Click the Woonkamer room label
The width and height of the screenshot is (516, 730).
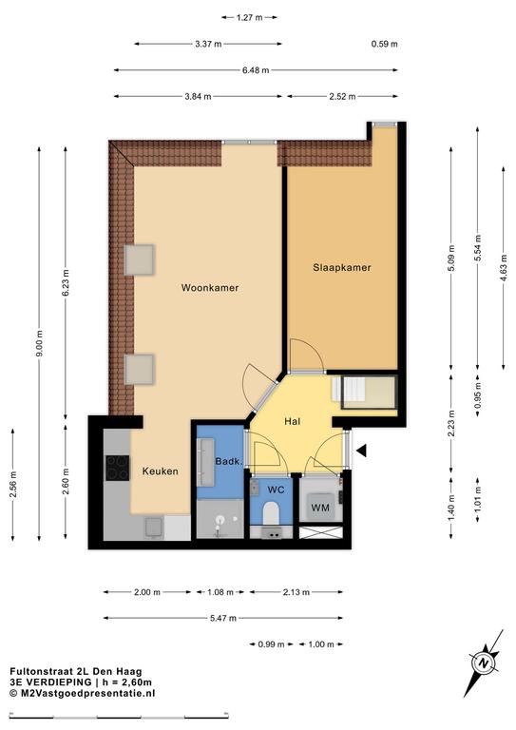coord(210,288)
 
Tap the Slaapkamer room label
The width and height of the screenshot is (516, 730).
coord(342,268)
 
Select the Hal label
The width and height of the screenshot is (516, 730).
coord(292,422)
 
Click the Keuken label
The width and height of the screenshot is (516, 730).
coord(160,471)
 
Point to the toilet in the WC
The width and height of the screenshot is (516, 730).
coord(270,513)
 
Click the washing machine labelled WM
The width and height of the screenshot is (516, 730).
coord(320,507)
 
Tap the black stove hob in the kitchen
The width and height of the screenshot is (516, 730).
coord(117,468)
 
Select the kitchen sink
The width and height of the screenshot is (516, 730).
coord(154,528)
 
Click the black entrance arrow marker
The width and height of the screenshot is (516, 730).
coord(362,451)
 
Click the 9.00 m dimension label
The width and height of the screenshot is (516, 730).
coord(39,343)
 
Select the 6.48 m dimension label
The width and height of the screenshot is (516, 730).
coord(256,70)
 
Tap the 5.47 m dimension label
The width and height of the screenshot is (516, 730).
coord(223,618)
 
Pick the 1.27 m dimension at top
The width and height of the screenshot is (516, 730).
coord(249,18)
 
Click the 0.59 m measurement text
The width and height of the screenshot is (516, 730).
coord(384,45)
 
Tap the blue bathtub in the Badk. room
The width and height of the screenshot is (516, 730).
coord(205,462)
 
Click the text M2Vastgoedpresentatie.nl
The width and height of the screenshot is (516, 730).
coord(86,693)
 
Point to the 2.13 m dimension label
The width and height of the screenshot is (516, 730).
coord(296,592)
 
